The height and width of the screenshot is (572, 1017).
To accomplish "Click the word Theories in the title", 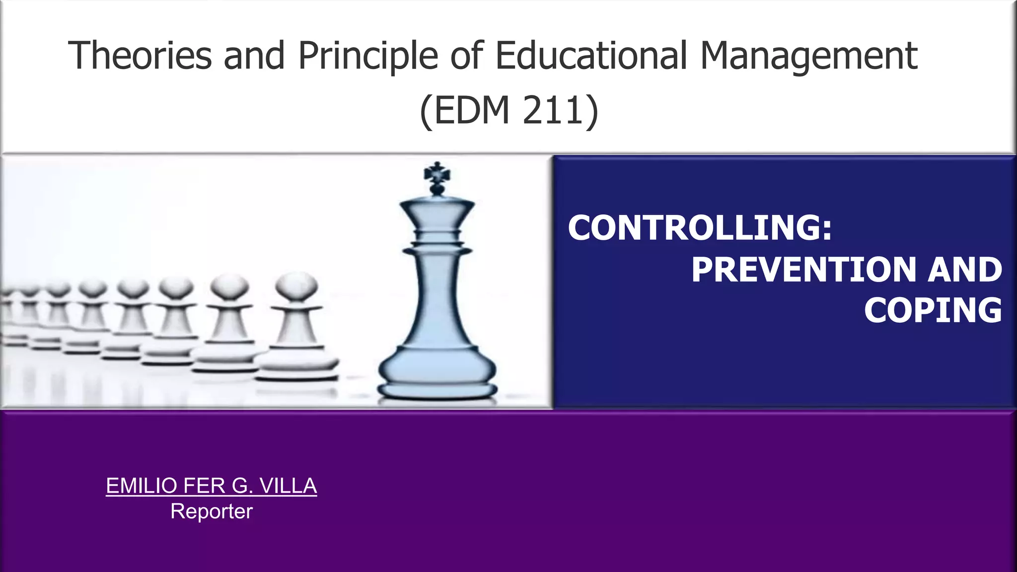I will point(140,55).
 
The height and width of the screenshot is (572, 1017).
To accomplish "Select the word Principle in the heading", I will point(367,56).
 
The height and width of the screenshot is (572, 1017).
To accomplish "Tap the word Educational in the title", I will point(591,55).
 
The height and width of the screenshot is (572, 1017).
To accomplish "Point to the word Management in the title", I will point(808,56).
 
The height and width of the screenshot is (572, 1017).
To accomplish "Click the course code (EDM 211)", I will point(509,110).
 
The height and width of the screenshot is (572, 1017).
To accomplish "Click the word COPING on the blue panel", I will point(933,310).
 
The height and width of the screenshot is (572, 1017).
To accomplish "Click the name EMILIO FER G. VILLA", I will point(212,486).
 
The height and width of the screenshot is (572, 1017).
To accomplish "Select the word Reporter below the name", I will point(212,511).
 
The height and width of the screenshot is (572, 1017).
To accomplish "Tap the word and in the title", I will point(254,55).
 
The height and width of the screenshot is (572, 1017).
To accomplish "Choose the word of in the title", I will point(466,55).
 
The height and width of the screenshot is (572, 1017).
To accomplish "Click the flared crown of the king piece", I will point(437,211).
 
